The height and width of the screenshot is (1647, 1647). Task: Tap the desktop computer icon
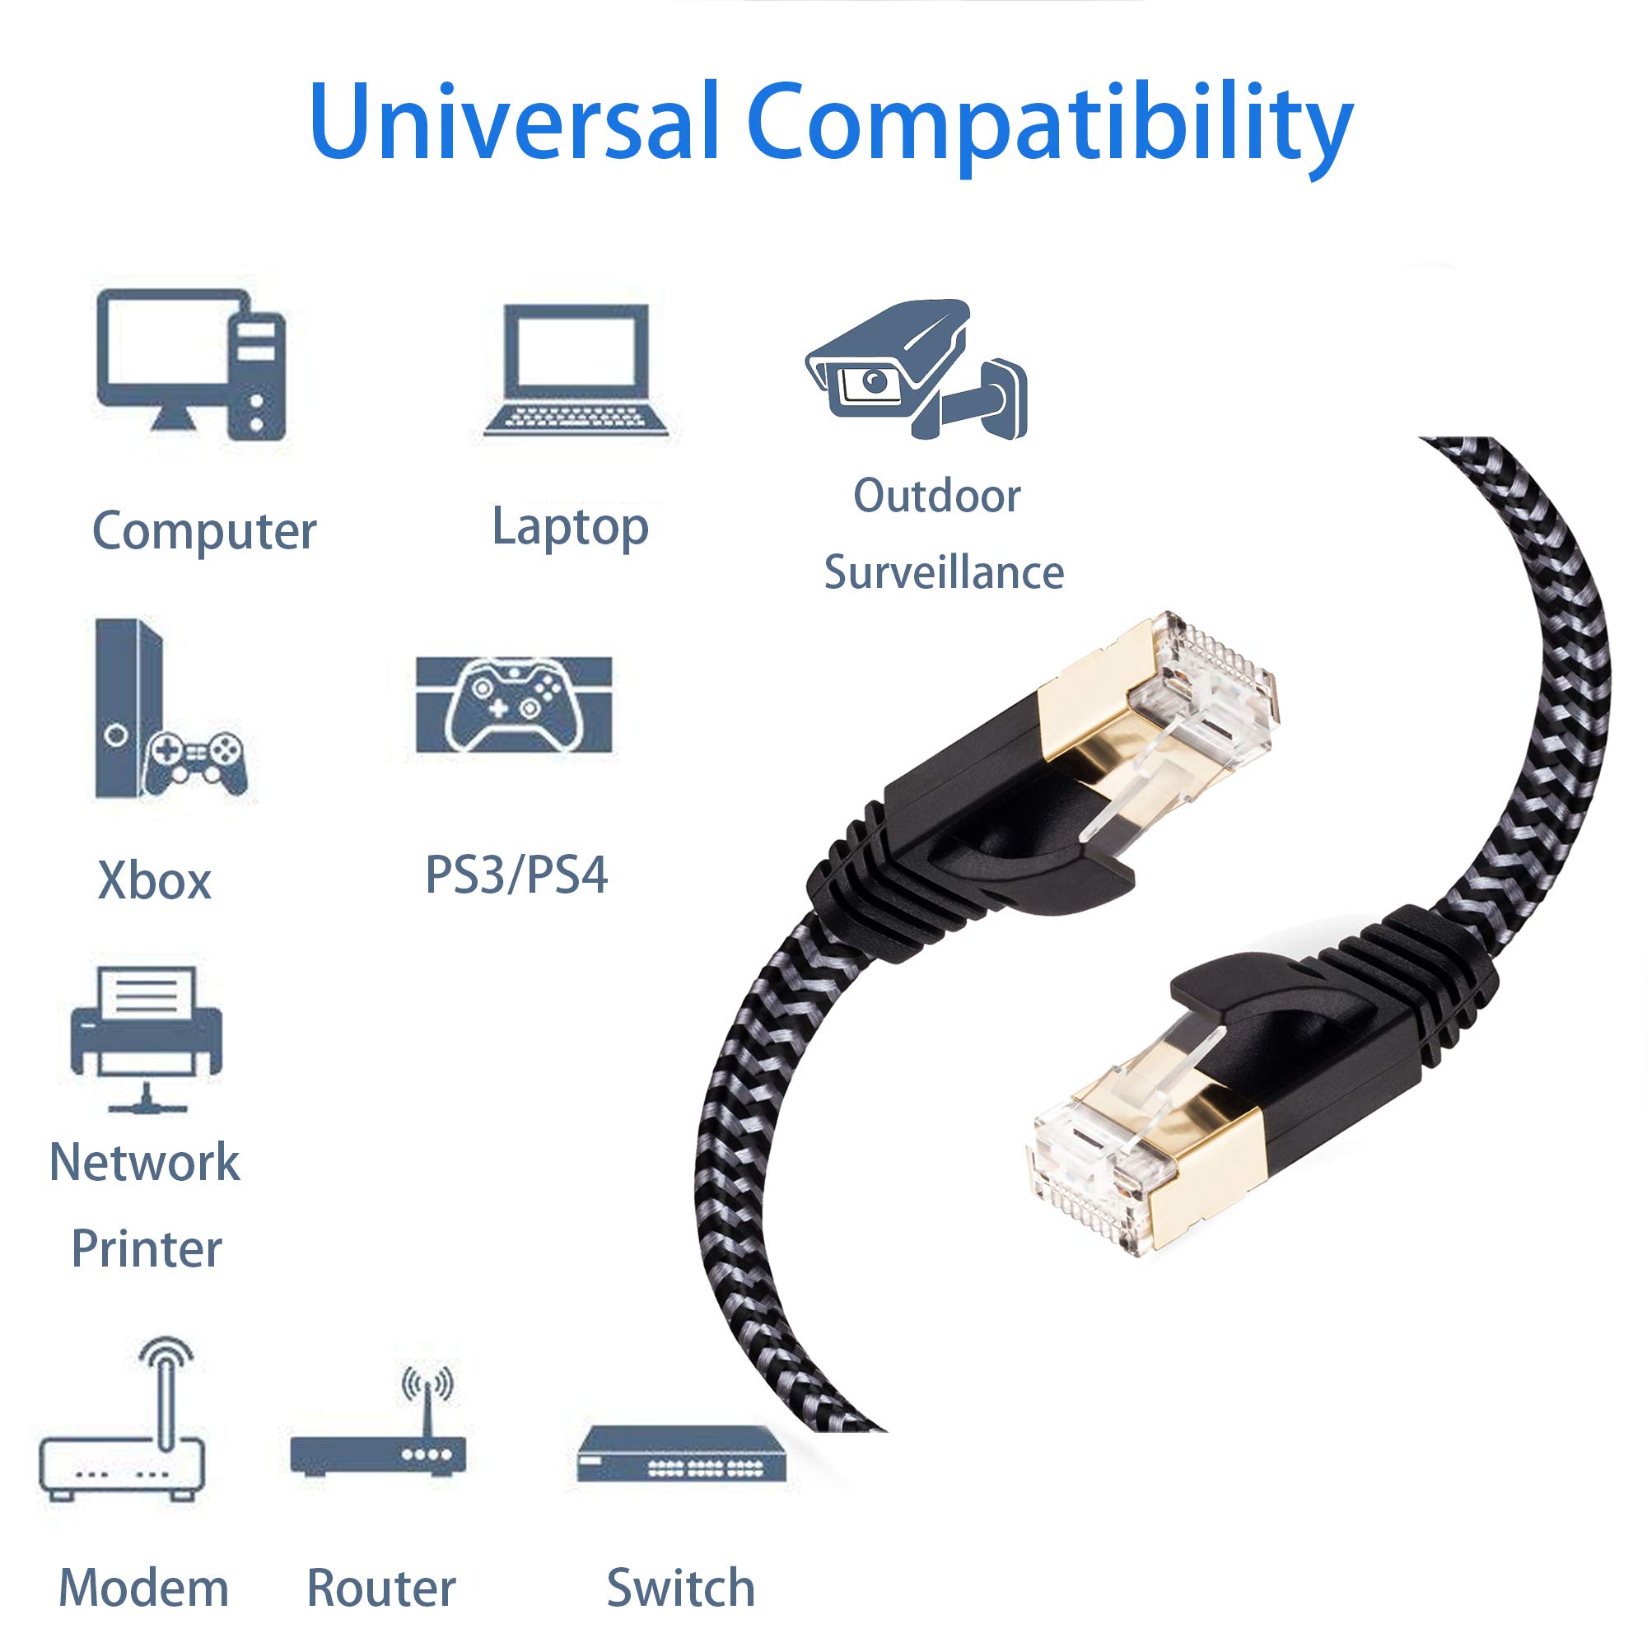[192, 365]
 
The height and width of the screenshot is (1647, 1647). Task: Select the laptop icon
[576, 371]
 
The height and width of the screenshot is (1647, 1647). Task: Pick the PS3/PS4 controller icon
[514, 705]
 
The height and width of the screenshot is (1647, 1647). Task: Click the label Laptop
[571, 527]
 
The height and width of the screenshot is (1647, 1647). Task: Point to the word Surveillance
[944, 572]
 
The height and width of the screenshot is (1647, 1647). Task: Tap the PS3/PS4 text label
[516, 875]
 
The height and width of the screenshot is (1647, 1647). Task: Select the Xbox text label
[154, 880]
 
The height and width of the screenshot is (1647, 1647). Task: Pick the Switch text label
[680, 1588]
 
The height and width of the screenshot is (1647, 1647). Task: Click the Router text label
[381, 1588]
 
